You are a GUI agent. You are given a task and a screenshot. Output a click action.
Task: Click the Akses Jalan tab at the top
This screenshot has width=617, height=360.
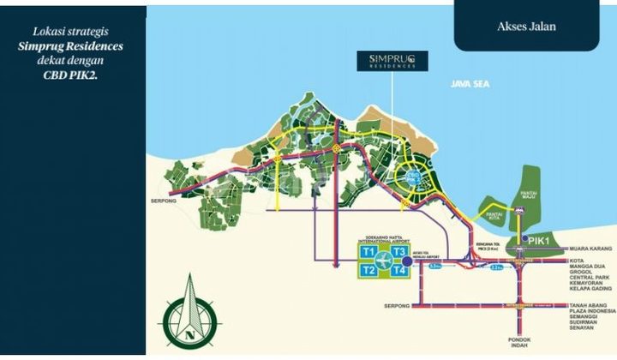pos(526,27)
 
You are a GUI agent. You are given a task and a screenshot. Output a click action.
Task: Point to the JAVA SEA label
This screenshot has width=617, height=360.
pos(472,84)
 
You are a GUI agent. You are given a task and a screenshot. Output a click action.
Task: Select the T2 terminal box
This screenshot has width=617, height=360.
pos(368,271)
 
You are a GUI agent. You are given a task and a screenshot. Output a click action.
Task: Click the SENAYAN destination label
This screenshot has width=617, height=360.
pos(578,330)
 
